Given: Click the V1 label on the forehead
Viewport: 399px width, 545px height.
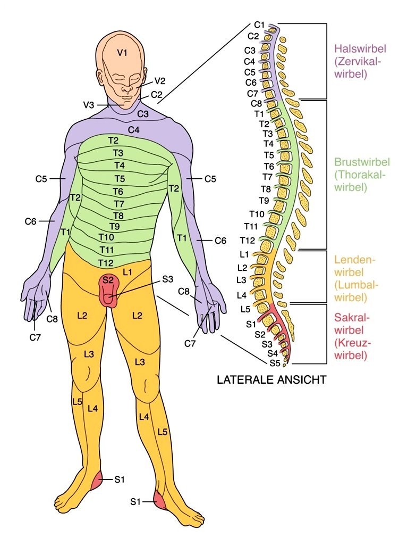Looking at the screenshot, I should click(123, 53).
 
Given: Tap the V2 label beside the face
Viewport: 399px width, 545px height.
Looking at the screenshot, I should click(160, 81).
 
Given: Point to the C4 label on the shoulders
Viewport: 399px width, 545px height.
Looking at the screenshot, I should click(133, 129).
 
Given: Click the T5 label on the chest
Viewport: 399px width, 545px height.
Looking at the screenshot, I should click(120, 178).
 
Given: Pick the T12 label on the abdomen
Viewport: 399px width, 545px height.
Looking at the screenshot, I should click(105, 262).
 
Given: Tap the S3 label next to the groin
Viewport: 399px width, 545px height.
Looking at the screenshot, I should click(168, 278).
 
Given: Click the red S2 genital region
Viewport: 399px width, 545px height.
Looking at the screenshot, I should click(109, 290).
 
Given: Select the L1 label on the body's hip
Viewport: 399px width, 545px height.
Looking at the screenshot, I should click(127, 272).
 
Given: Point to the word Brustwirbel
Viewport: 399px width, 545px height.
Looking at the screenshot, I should click(355, 162).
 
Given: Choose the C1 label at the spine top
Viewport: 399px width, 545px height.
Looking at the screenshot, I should click(259, 25).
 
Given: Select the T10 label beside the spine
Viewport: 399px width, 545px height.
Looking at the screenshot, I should click(257, 214).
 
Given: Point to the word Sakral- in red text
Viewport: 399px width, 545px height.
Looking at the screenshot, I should click(348, 317).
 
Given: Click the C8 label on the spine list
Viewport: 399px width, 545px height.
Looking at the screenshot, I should click(256, 103).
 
